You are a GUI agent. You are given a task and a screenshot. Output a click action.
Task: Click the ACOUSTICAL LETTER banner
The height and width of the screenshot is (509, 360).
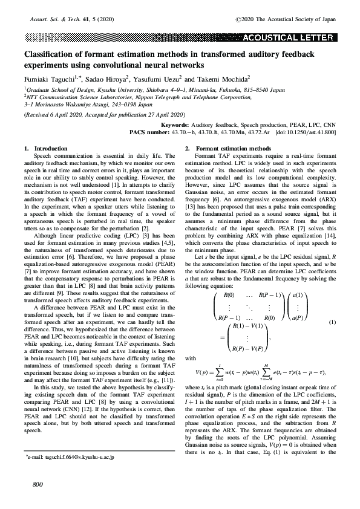click(288, 37)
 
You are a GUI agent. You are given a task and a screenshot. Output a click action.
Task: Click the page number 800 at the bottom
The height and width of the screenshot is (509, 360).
click(30, 485)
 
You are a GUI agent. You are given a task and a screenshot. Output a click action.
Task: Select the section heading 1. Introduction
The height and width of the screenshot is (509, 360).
click(42, 148)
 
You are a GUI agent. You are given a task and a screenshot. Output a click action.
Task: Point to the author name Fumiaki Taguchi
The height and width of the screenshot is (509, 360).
click(47, 79)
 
